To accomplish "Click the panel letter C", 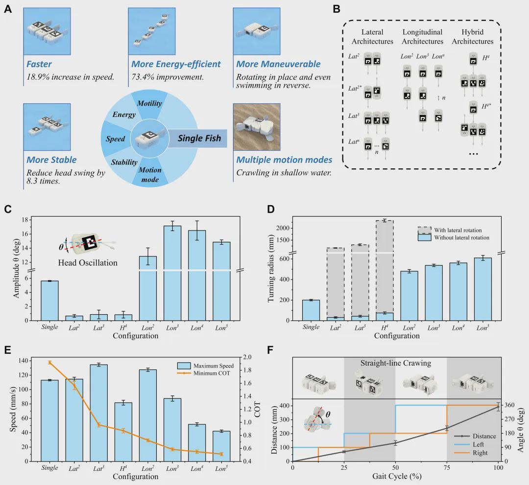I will pos(8,209).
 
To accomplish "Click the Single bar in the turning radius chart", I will pos(311,310).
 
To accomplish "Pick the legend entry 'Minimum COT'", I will pos(214,373).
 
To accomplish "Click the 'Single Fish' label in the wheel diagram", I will pos(199,139).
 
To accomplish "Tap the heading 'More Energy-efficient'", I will pos(176,64).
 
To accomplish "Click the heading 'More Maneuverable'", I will pos(278,64).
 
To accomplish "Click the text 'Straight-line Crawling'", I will pos(396,363).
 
